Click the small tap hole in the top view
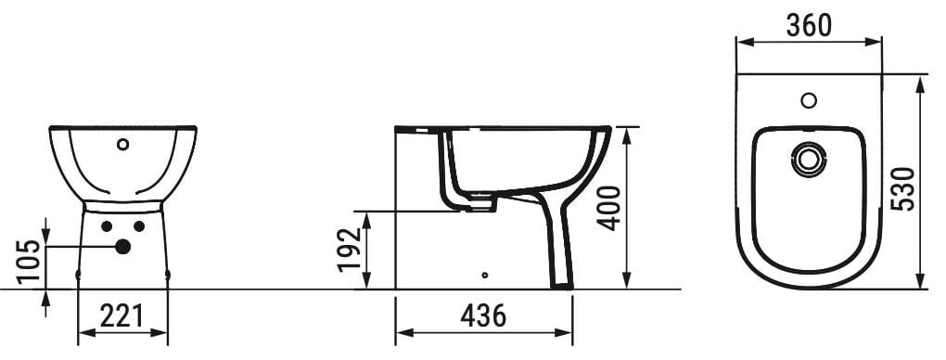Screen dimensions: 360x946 point(809,99)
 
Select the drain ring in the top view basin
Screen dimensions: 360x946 point(809,160)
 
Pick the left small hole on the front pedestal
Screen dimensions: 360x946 point(107,226)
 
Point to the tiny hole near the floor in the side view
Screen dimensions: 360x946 point(485,275)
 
